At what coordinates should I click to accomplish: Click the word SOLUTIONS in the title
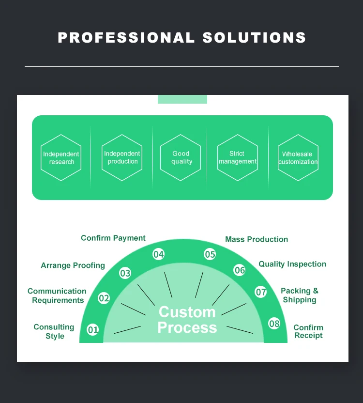pos(254,38)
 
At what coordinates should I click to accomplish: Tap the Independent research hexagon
pos(61,158)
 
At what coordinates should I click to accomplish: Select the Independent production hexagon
pos(122,158)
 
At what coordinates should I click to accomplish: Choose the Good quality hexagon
pos(181,158)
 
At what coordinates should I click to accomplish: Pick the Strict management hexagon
pos(237,158)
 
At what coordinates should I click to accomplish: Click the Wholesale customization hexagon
pos(298,158)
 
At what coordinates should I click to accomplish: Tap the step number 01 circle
pos(92,330)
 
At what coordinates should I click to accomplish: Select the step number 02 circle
pos(104,298)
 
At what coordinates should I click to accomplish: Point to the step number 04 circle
pos(158,254)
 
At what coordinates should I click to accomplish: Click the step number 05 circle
pos(210,254)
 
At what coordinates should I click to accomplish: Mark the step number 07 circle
pos(261,292)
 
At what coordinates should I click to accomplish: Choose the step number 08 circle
pos(274,323)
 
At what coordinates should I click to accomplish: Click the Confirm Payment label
pos(113,238)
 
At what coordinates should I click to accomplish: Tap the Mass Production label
pos(257,239)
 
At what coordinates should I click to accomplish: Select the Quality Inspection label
pos(292,264)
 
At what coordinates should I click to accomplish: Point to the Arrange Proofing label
pos(73,265)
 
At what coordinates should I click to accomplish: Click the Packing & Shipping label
pos(300,295)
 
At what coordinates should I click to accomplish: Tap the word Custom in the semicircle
pos(187,312)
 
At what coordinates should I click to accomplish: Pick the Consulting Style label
pos(54,331)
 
